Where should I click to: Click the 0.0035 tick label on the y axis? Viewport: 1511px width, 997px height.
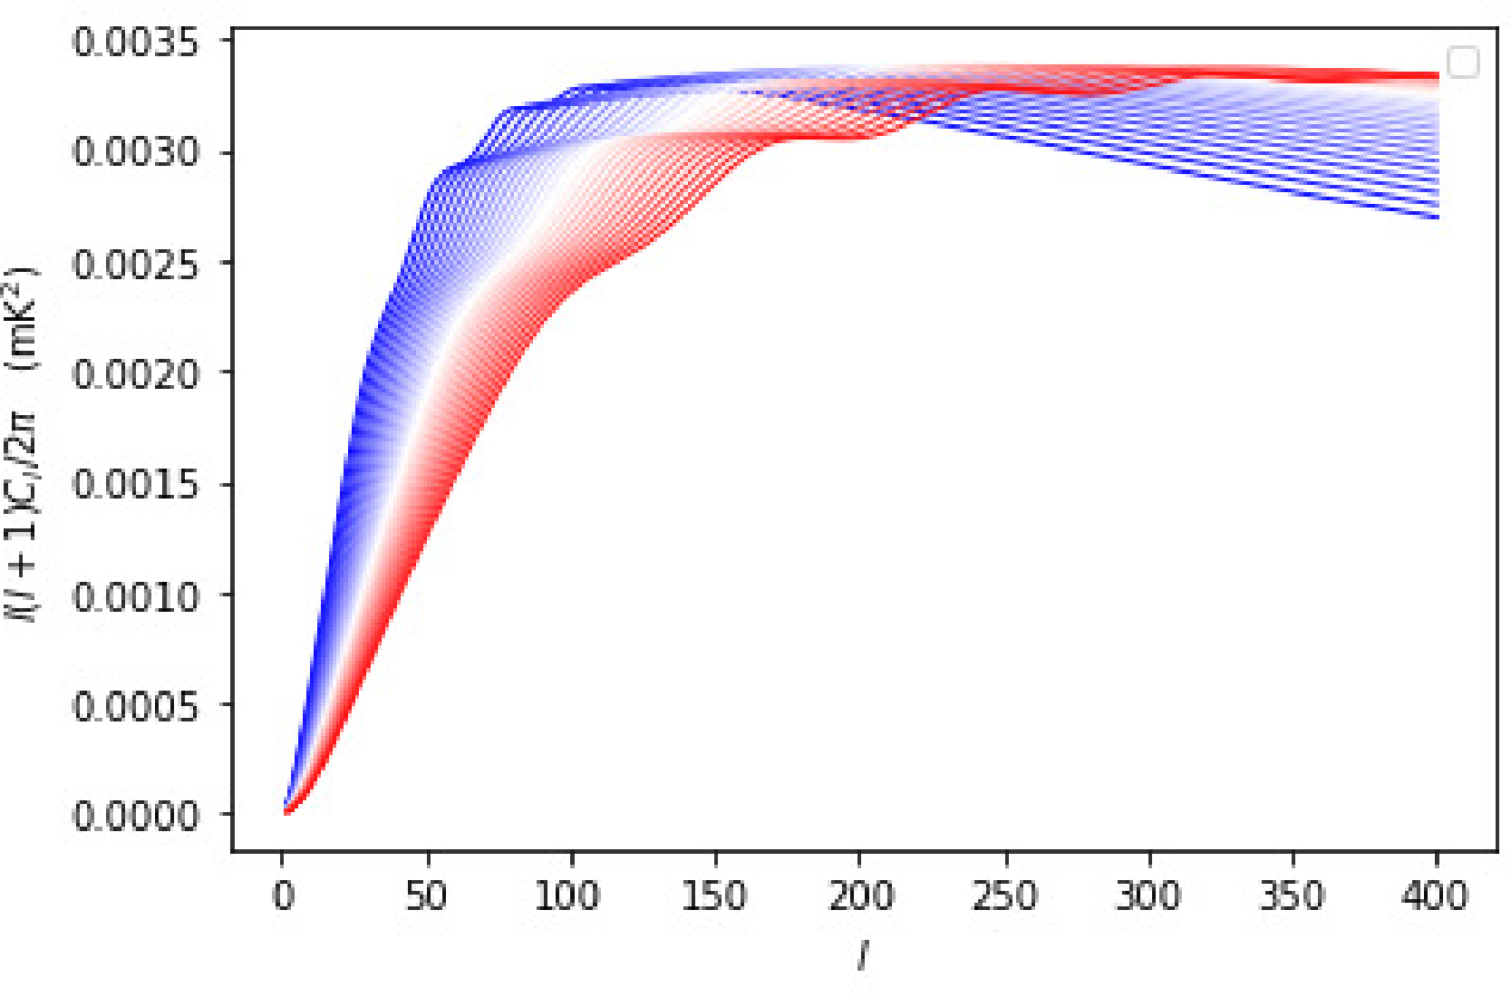click(135, 43)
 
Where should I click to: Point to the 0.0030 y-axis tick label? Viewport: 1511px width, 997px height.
click(135, 152)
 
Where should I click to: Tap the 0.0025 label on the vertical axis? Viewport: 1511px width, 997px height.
click(135, 264)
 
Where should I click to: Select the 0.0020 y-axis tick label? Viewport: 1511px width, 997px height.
click(135, 373)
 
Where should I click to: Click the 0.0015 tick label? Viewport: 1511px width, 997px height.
click(135, 484)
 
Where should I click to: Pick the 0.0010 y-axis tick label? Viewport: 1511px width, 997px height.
click(135, 596)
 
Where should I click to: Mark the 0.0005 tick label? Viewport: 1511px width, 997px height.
click(135, 705)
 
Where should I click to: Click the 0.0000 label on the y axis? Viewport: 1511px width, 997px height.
click(135, 816)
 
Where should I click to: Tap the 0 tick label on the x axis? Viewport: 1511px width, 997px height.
click(284, 895)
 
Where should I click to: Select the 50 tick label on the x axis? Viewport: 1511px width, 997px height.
click(427, 895)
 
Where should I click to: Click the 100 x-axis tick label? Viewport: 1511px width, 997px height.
click(567, 895)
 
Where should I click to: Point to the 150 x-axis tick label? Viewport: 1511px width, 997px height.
click(713, 895)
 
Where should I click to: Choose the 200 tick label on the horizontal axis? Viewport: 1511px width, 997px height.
click(860, 895)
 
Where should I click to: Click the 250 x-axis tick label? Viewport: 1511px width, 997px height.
click(1004, 895)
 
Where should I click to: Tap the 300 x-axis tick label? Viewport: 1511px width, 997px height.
click(1148, 895)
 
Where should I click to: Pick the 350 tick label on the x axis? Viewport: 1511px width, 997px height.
click(1292, 895)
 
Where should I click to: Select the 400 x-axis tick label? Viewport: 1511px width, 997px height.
click(1435, 895)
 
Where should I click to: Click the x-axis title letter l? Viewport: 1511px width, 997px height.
click(862, 955)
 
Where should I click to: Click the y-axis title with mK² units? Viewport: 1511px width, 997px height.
click(22, 444)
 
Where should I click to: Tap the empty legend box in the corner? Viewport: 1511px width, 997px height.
click(1462, 63)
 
